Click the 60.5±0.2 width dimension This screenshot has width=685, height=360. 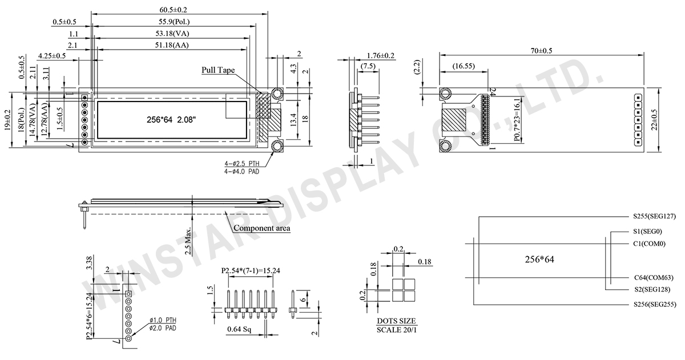click(173, 10)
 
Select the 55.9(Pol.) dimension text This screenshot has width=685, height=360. click(174, 22)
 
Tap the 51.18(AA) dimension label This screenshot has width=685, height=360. click(172, 45)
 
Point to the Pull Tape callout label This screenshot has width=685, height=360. click(218, 70)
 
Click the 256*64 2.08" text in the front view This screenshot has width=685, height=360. click(171, 120)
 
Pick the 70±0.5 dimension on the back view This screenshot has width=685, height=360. click(541, 51)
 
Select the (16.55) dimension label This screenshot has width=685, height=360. click(464, 66)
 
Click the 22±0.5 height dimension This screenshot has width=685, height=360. click(654, 120)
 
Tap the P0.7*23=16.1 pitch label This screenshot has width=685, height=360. click(517, 120)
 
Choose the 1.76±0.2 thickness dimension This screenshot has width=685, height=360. click(381, 55)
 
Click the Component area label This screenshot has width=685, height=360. click(262, 228)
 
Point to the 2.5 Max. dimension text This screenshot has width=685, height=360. click(188, 241)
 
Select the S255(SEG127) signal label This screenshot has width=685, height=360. click(654, 216)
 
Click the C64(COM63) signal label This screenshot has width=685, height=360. click(654, 277)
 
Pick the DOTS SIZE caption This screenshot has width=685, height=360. click(396, 321)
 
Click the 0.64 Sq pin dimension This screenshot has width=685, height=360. click(239, 329)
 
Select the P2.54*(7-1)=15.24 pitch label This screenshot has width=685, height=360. click(251, 271)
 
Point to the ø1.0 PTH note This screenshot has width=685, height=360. click(163, 320)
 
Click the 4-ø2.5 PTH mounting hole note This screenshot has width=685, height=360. click(241, 164)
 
